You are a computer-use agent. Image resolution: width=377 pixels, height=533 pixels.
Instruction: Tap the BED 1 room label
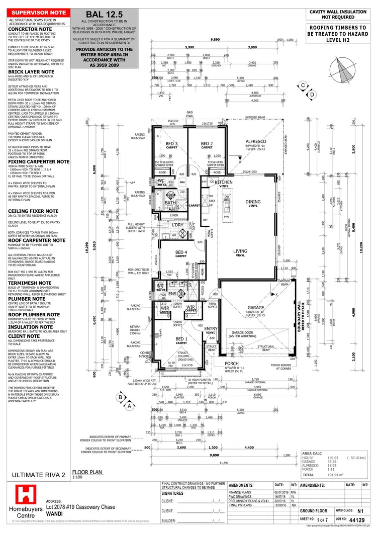[181, 340]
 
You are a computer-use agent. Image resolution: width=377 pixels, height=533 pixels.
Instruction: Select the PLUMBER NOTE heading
[25, 298]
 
